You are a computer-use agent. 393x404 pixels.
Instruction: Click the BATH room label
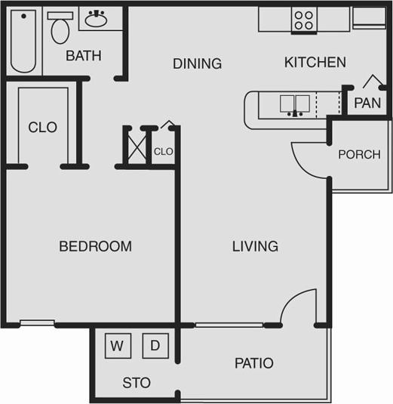(83, 56)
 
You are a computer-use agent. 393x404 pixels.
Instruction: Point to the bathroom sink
(96, 20)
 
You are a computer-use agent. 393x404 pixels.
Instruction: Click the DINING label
(197, 63)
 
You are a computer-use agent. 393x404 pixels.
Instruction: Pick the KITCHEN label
(315, 63)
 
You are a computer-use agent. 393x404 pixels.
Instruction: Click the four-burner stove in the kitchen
(304, 20)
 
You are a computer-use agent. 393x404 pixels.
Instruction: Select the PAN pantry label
(367, 103)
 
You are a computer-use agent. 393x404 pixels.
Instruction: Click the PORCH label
(359, 154)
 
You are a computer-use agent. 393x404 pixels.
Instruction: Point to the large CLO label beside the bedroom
(42, 128)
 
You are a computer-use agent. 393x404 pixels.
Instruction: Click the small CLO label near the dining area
(164, 152)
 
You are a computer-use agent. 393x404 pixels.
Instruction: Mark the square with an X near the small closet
(137, 146)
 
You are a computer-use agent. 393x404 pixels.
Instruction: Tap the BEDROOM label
(95, 246)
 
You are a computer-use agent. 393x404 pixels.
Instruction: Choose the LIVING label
(255, 246)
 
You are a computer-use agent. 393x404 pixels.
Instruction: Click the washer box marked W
(118, 346)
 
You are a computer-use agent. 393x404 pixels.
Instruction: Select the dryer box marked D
(155, 346)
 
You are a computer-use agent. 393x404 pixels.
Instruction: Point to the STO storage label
(137, 383)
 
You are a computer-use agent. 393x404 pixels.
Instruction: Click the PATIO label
(254, 363)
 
